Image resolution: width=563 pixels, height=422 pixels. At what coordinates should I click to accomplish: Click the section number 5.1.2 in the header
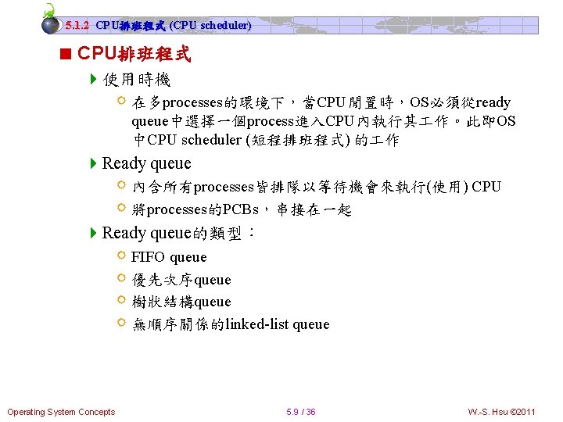click(78, 26)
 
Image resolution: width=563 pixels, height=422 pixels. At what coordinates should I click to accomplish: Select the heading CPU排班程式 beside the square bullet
click(134, 55)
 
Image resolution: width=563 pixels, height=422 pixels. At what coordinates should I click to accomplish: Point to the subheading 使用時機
click(136, 80)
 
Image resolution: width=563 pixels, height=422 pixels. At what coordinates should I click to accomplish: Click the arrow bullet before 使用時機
click(94, 80)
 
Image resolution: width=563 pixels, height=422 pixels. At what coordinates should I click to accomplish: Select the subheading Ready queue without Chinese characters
click(146, 163)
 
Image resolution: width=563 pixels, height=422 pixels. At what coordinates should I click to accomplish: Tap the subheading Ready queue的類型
click(178, 233)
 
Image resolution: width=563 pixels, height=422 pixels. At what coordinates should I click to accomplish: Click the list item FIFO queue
click(169, 257)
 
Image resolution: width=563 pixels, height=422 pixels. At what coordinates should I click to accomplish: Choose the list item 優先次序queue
click(181, 280)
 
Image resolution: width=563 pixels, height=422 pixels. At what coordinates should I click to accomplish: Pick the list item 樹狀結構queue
click(181, 302)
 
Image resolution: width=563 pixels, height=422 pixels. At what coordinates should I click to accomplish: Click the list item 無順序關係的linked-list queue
click(231, 324)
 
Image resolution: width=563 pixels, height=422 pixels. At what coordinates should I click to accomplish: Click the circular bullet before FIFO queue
click(121, 256)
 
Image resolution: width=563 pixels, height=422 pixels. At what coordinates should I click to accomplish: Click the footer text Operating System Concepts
click(61, 412)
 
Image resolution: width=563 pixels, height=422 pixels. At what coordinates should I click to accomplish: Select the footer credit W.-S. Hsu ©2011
click(501, 412)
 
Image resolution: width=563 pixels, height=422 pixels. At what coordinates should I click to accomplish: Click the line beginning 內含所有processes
click(316, 188)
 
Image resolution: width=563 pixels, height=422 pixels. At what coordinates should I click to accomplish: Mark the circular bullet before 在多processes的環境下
click(121, 101)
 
